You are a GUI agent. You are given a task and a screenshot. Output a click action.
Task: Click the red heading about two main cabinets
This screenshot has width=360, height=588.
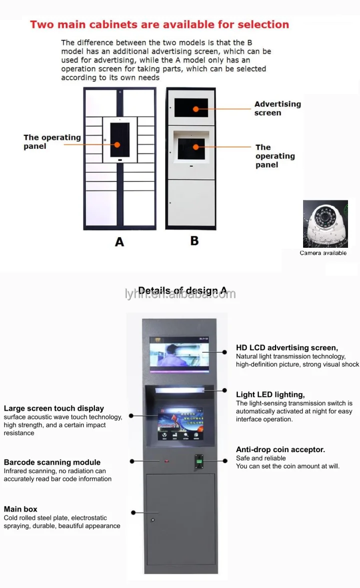pyautogui.click(x=159, y=24)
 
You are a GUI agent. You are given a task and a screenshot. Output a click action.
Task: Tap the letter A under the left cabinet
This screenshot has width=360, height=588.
pyautogui.click(x=119, y=242)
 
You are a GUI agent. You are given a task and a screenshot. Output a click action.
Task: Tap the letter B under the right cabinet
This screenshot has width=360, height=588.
pyautogui.click(x=194, y=240)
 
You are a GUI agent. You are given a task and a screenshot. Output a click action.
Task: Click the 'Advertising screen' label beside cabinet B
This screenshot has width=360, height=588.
pyautogui.click(x=277, y=108)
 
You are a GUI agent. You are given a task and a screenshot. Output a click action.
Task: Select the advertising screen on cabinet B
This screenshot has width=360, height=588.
pyautogui.click(x=191, y=108)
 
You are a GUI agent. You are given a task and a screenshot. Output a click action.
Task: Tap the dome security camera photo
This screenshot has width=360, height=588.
pyautogui.click(x=325, y=224)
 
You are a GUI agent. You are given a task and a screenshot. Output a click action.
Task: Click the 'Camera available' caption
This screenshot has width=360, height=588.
pyautogui.click(x=323, y=253)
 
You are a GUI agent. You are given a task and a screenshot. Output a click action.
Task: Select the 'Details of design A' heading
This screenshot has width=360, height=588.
pyautogui.click(x=182, y=291)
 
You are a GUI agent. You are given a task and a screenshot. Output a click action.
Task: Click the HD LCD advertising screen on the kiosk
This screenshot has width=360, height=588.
pyautogui.click(x=179, y=354)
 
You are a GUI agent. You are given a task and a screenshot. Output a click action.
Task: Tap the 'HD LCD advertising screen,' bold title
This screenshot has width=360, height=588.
pyautogui.click(x=287, y=348)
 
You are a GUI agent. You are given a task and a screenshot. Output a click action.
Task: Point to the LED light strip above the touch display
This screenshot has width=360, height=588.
pyautogui.click(x=180, y=390)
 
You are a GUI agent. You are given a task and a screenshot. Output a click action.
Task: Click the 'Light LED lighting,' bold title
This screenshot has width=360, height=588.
pyautogui.click(x=270, y=395)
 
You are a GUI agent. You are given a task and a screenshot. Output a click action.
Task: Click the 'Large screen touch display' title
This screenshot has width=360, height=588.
pyautogui.click(x=54, y=409)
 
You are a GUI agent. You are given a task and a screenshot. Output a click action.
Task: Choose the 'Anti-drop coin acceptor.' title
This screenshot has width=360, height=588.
pyautogui.click(x=280, y=450)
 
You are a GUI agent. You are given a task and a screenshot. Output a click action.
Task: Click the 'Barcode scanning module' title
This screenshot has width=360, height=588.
pyautogui.click(x=52, y=463)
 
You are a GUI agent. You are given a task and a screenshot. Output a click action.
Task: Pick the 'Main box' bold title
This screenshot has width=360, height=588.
pyautogui.click(x=20, y=509)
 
